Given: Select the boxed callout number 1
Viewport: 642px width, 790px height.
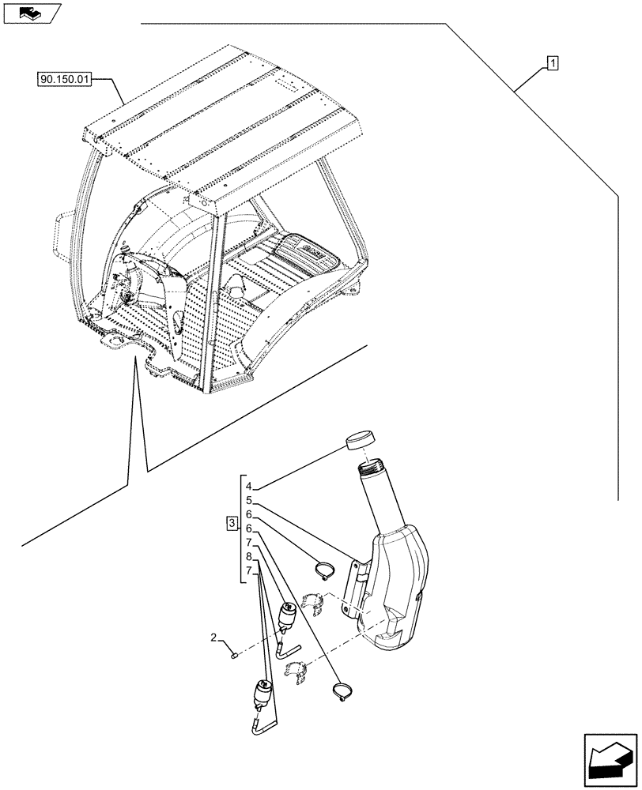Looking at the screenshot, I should click(553, 62).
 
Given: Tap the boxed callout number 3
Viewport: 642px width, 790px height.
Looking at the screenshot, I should click(231, 523).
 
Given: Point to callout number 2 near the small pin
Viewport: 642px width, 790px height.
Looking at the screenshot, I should click(213, 637).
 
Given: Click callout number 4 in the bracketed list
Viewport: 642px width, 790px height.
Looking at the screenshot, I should click(248, 487).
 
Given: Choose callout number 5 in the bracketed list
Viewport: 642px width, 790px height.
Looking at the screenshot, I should click(248, 501).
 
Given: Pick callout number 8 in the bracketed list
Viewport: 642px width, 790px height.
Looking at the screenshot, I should click(248, 558).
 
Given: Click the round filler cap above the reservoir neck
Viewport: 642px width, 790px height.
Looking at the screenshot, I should click(361, 439).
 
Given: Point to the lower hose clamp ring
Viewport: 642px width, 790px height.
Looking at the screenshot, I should click(340, 692).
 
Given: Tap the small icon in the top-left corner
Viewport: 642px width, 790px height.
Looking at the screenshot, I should click(32, 12).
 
